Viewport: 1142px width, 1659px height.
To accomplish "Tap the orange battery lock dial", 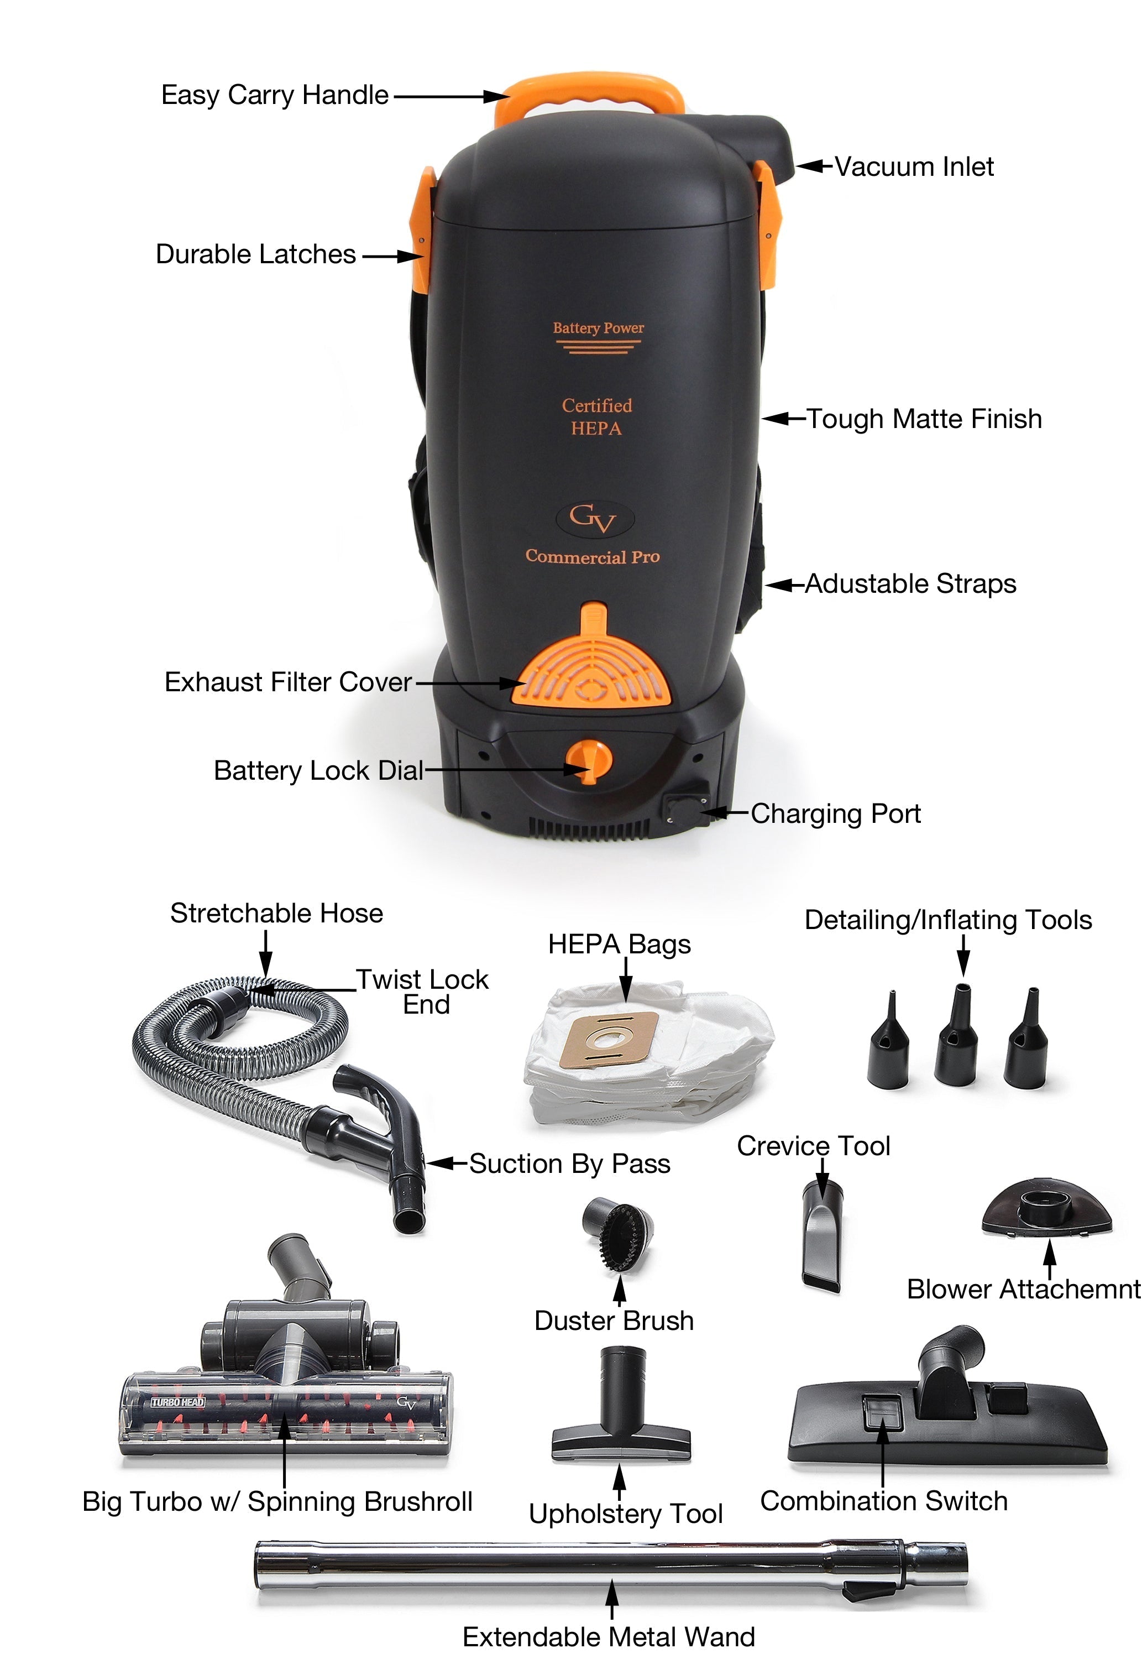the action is pyautogui.click(x=588, y=761).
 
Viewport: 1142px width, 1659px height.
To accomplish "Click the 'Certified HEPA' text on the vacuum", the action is pyautogui.click(x=597, y=416).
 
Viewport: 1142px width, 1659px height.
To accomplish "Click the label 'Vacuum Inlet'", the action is pyautogui.click(x=914, y=167).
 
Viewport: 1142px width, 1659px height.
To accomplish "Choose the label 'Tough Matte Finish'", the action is pyautogui.click(x=924, y=419).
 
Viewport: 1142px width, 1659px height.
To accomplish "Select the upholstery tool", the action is pyautogui.click(x=620, y=1404).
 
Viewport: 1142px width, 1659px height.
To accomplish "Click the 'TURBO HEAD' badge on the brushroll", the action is pyautogui.click(x=178, y=1402).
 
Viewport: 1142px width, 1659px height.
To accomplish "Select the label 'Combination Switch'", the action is pyautogui.click(x=884, y=1501).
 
